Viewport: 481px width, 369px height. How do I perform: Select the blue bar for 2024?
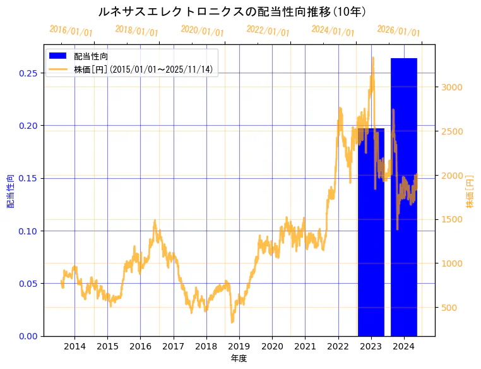point(404,202)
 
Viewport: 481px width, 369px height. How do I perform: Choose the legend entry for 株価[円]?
point(145,69)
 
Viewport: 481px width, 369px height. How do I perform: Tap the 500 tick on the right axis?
point(451,308)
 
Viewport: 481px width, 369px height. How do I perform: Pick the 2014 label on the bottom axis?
point(74,346)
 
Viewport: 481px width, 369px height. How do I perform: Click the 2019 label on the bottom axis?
point(239,346)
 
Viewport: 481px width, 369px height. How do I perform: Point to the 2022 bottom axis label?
point(338,346)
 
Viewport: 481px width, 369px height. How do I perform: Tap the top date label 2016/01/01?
point(71,31)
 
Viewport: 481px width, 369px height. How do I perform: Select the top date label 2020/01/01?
point(202,31)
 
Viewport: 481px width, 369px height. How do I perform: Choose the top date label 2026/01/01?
point(399,31)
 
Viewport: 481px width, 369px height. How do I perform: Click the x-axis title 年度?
point(239,358)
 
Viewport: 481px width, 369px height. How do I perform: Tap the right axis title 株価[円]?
point(470,191)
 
